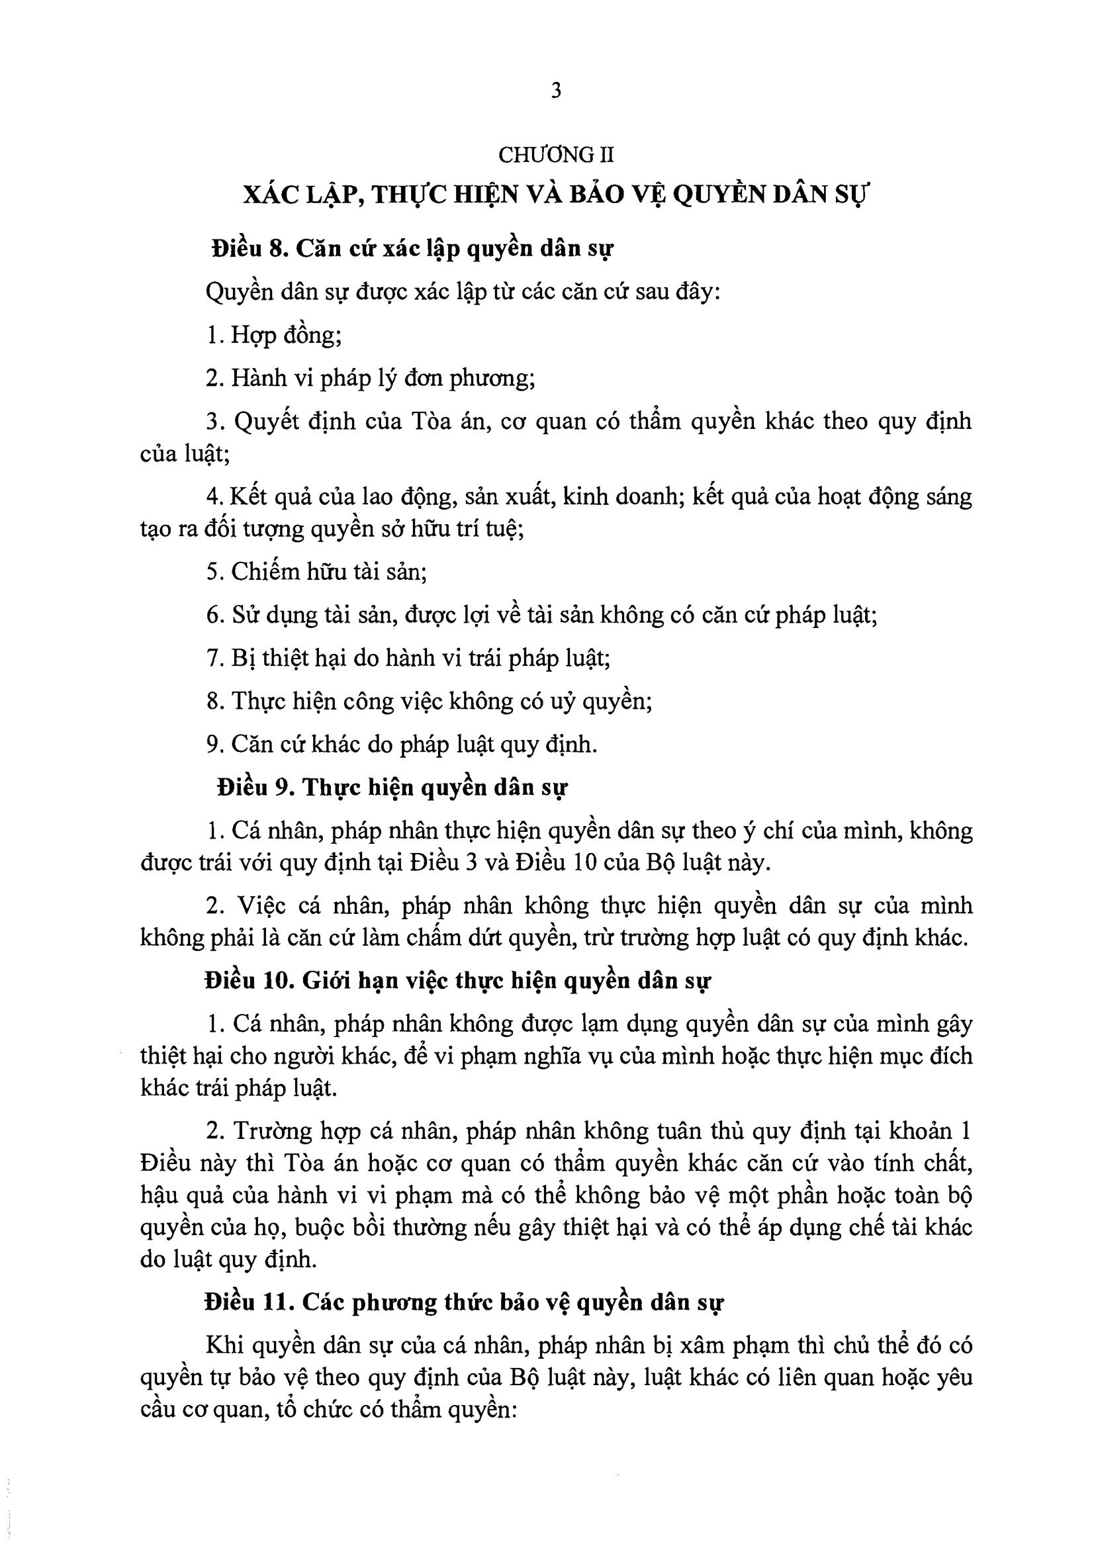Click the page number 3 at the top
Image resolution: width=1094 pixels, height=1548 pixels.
click(x=555, y=91)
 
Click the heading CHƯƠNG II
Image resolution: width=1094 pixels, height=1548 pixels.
click(x=556, y=155)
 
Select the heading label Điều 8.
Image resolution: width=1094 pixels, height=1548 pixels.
click(x=250, y=249)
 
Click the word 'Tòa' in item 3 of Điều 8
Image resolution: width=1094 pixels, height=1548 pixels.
click(x=424, y=422)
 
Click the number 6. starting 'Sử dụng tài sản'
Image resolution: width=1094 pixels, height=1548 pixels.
click(x=214, y=615)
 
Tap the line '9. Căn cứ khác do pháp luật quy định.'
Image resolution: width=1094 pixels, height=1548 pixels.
click(x=402, y=745)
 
